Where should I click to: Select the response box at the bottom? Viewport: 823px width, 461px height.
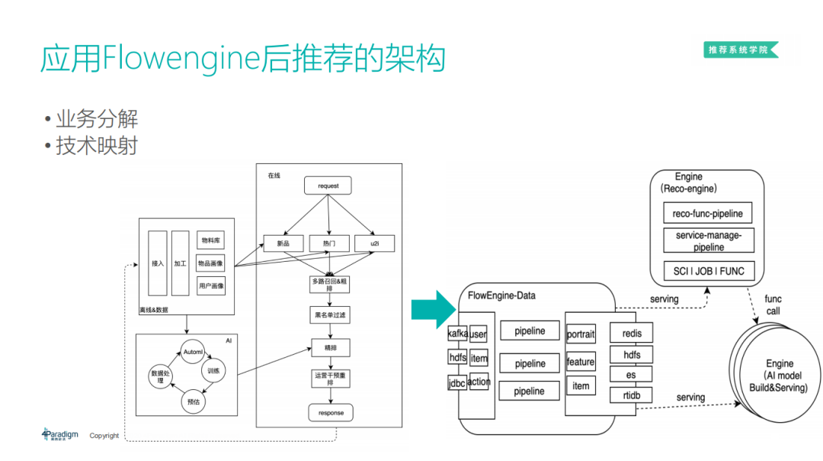point(331,413)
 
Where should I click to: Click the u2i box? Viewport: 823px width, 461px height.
point(375,243)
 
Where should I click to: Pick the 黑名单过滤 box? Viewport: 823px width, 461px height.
point(330,314)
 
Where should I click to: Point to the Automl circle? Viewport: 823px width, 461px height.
point(194,352)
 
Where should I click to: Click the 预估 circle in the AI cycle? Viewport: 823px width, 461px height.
point(194,400)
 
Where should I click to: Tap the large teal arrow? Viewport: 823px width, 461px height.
point(433,309)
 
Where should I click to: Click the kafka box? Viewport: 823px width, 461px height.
point(457,334)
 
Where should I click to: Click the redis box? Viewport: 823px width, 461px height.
point(632,334)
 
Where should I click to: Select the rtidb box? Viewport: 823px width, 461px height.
point(632,395)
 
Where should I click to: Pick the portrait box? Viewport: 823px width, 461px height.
point(581,335)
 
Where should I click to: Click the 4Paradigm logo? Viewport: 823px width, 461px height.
point(60,434)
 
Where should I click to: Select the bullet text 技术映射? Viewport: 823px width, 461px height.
point(96,145)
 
